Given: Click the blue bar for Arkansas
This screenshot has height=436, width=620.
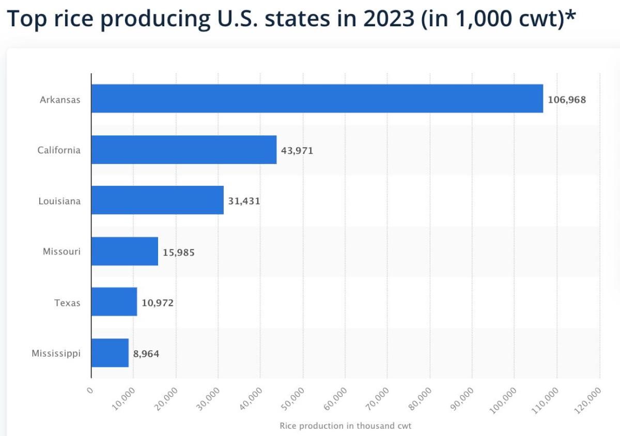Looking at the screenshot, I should click(x=317, y=99).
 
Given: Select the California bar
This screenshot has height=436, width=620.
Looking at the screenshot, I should click(x=184, y=150).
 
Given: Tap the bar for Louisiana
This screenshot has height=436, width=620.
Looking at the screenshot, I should click(x=158, y=200).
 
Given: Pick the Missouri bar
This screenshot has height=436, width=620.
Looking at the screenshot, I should click(x=125, y=251).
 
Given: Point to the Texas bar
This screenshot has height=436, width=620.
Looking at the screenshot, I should click(x=114, y=302).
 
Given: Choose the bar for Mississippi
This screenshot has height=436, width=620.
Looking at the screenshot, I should click(x=110, y=353).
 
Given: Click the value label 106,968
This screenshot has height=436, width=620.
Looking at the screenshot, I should click(x=567, y=100).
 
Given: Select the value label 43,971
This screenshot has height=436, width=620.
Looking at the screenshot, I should click(x=297, y=151).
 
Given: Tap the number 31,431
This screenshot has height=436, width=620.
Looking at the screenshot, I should click(x=244, y=201).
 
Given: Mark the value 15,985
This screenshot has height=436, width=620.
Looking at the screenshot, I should click(x=178, y=252).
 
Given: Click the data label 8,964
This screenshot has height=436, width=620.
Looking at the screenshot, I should click(x=146, y=354).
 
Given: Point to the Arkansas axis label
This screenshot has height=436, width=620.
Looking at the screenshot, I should click(x=60, y=100).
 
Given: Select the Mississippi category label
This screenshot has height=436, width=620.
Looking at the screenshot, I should click(x=56, y=353).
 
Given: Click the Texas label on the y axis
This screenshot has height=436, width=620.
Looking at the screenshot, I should click(x=67, y=303).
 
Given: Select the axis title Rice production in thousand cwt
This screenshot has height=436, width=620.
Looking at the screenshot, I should click(x=345, y=426).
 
